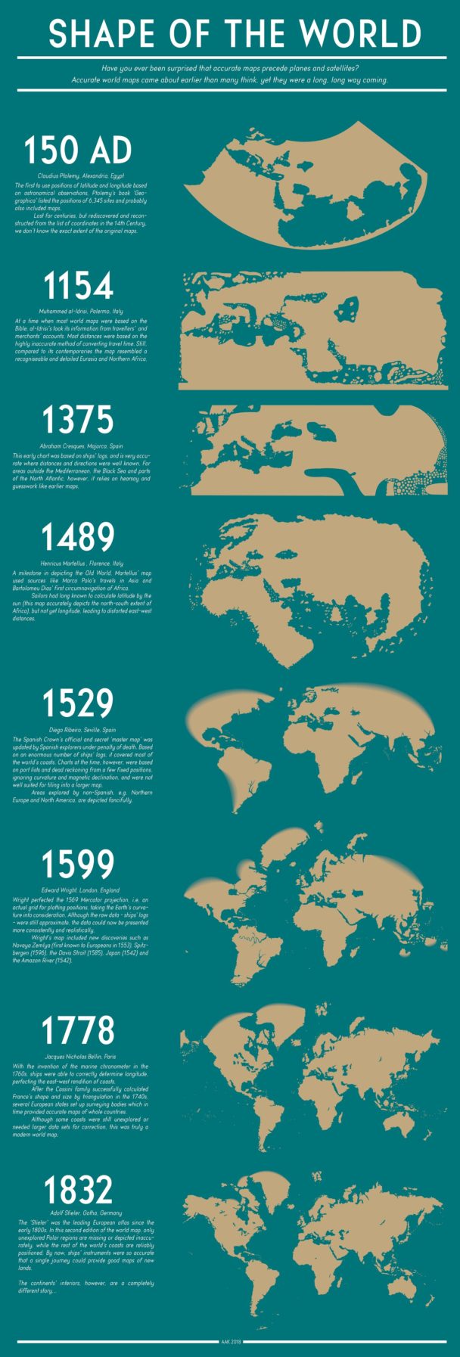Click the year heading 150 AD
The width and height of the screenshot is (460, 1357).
click(79, 151)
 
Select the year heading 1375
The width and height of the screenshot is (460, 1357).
click(79, 421)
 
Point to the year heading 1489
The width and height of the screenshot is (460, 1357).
click(79, 537)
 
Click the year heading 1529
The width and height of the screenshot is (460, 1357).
click(79, 703)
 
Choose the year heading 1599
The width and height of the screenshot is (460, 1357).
click(79, 866)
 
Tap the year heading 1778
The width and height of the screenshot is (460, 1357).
click(79, 1031)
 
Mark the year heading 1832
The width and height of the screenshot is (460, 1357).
click(79, 1191)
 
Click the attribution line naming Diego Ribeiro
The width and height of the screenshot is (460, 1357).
click(79, 729)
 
